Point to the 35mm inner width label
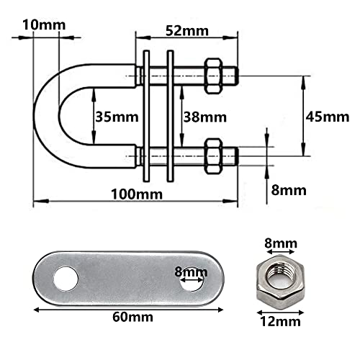pos(113,115)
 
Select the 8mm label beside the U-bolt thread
pos(288,190)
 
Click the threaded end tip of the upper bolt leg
pos(233,73)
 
